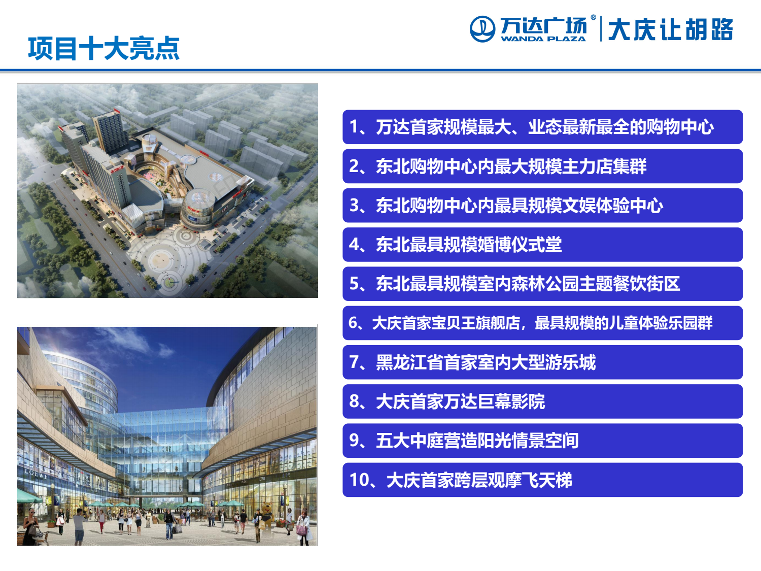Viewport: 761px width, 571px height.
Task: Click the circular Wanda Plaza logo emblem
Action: (x=482, y=29)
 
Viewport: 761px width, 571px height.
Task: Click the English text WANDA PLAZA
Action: (x=543, y=39)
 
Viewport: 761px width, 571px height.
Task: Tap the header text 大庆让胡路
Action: (x=671, y=29)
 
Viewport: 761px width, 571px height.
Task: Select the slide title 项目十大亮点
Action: (x=103, y=48)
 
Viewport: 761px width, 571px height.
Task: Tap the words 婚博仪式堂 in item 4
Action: (x=520, y=245)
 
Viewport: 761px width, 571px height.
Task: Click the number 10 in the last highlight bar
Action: (x=359, y=480)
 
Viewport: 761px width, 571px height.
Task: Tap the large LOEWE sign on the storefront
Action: (x=36, y=474)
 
